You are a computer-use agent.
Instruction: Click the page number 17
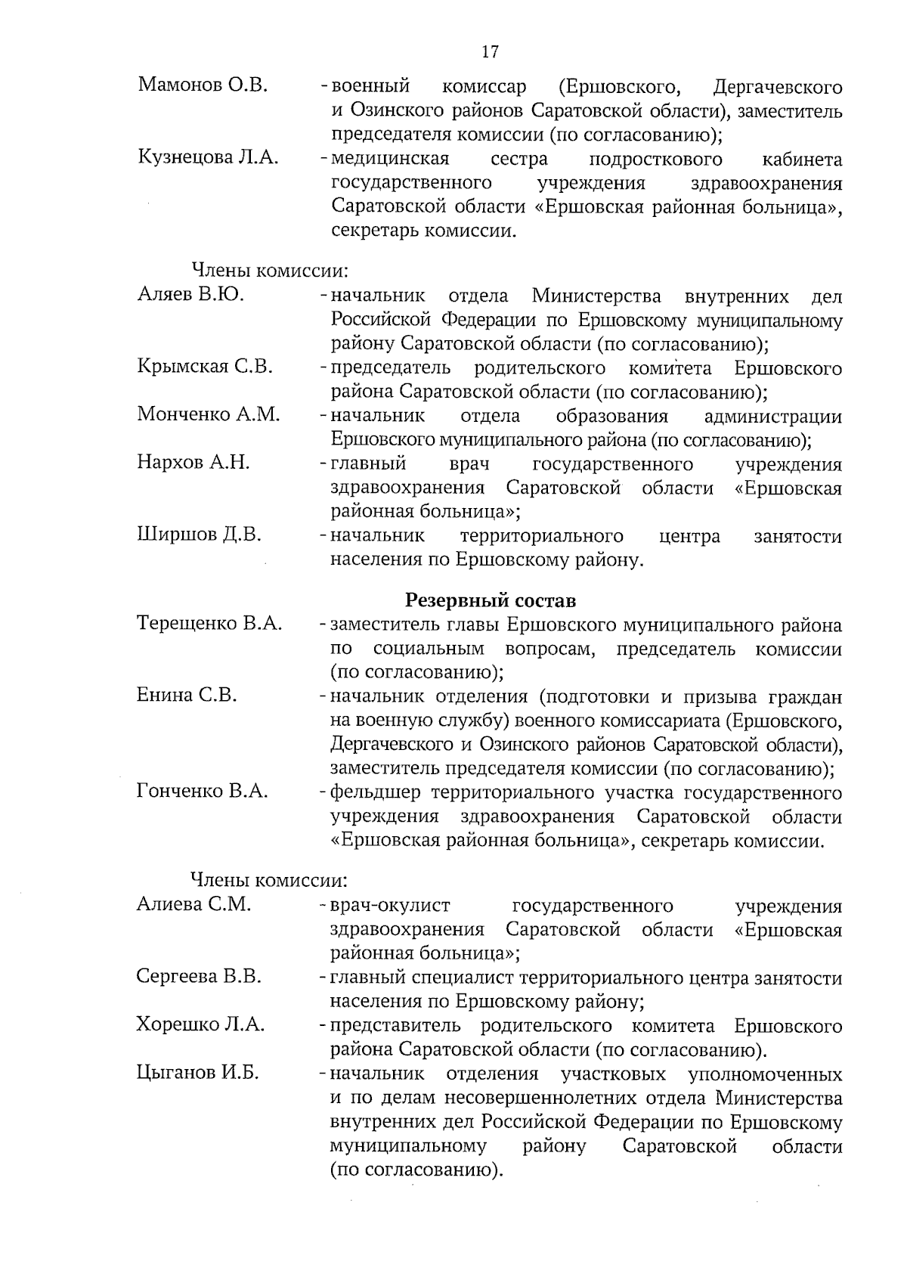[490, 52]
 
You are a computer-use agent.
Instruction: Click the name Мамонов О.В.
[203, 85]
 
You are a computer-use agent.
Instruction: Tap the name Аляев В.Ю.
[190, 295]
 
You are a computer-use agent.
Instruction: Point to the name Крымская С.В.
[205, 367]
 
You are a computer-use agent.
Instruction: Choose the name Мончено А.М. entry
[209, 414]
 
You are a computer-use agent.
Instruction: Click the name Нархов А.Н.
[193, 463]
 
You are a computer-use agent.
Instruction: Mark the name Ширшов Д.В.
[200, 535]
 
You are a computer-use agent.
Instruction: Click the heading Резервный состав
[491, 601]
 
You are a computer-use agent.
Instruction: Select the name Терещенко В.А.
[209, 624]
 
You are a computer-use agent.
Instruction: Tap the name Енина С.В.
[187, 696]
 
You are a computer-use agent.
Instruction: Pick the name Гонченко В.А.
[203, 792]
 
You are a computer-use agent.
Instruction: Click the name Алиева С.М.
[193, 904]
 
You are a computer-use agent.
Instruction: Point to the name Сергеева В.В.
[199, 977]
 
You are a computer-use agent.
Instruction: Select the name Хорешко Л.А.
[200, 1025]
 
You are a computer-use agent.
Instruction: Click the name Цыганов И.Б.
[197, 1073]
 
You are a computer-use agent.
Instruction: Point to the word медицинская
[390, 159]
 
